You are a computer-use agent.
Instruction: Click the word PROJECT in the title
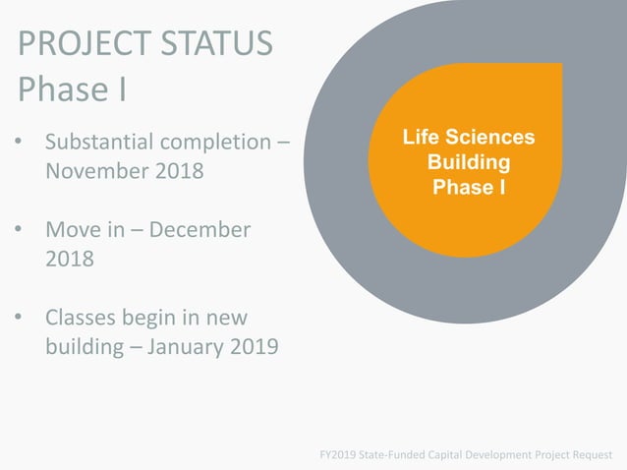tap(81, 44)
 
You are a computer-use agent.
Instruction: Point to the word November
tap(95, 171)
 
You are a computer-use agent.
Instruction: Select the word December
tap(198, 230)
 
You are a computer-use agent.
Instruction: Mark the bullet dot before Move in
tap(19, 230)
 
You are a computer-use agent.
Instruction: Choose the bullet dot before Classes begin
tap(19, 318)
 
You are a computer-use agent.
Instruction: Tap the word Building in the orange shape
tap(469, 161)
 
